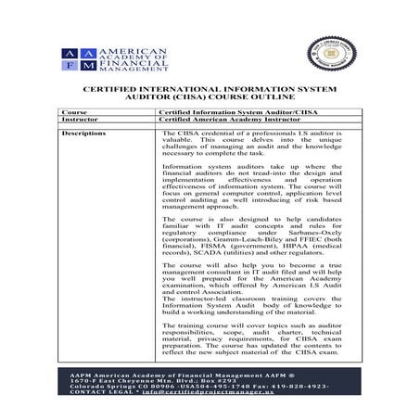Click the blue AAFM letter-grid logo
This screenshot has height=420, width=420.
click(79, 61)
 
